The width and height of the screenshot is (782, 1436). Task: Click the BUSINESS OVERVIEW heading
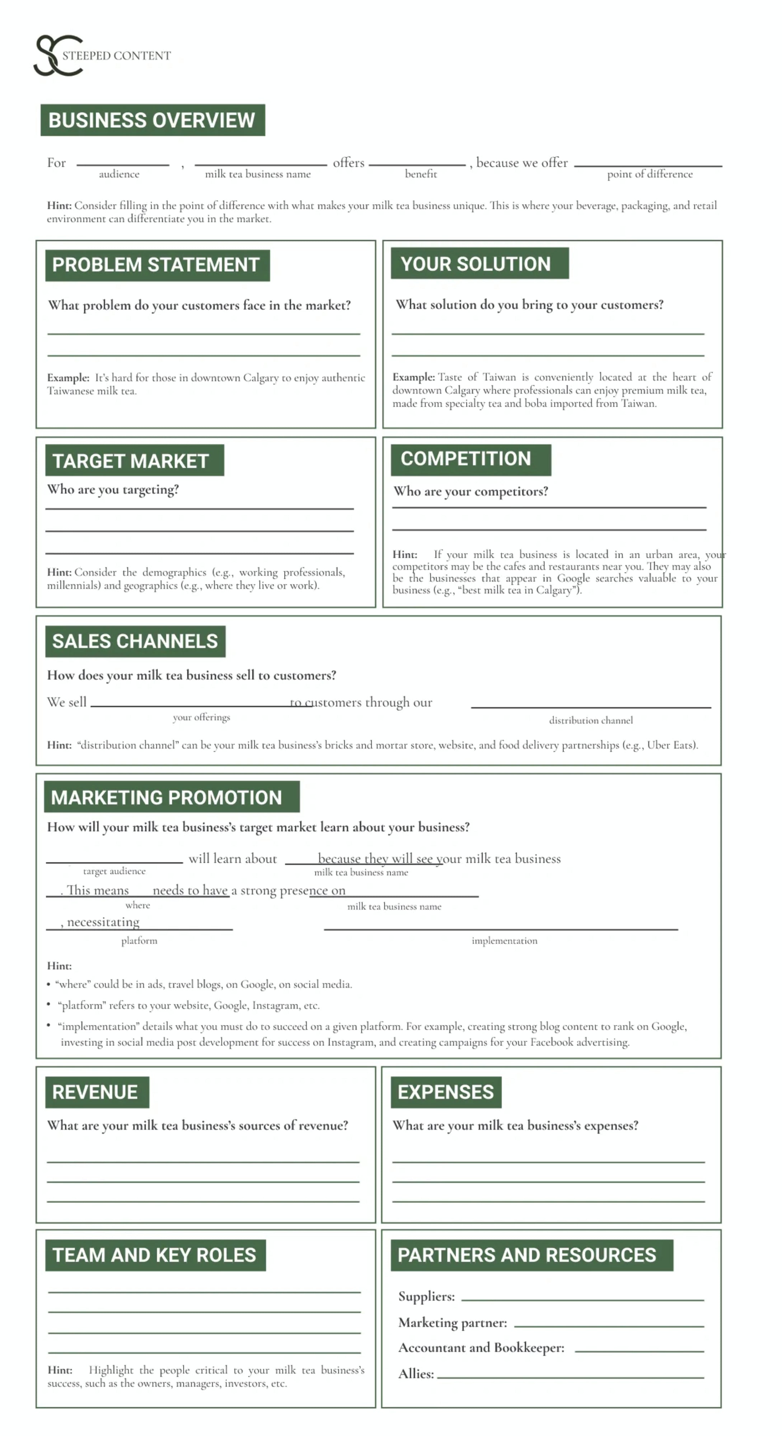pyautogui.click(x=152, y=120)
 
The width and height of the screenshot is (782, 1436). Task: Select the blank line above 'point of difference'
pyautogui.click(x=648, y=165)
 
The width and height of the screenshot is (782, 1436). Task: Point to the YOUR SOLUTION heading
pyautogui.click(x=479, y=263)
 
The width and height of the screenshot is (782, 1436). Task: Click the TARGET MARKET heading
pyautogui.click(x=134, y=461)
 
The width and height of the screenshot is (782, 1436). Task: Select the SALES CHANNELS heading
pyautogui.click(x=135, y=641)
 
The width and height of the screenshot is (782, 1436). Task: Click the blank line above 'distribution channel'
pyautogui.click(x=590, y=707)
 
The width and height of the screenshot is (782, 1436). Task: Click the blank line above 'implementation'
pyautogui.click(x=500, y=929)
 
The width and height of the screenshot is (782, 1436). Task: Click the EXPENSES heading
pyautogui.click(x=445, y=1091)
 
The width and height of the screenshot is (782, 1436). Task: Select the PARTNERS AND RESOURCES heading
pyautogui.click(x=531, y=1254)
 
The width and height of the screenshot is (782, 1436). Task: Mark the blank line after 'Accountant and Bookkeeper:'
pyautogui.click(x=639, y=1351)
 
